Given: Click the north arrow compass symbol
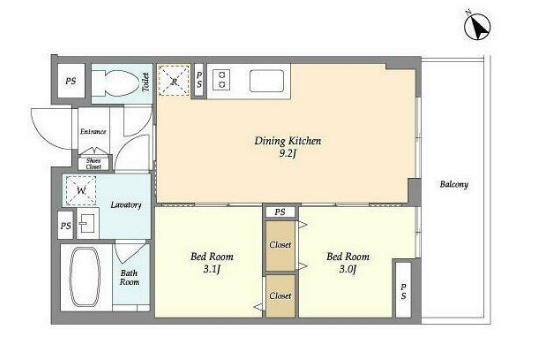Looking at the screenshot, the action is (x=477, y=26).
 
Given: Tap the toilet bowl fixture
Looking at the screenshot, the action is (x=115, y=84).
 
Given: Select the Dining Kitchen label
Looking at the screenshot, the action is (x=288, y=141).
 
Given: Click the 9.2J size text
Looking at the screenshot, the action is (x=288, y=154).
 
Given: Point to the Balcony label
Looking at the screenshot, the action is (x=454, y=184).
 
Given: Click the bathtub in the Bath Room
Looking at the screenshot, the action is (x=85, y=277).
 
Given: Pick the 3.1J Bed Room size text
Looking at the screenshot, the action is (x=212, y=269).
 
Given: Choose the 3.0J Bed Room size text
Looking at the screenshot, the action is (x=348, y=269).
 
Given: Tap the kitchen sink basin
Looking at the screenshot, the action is (x=267, y=81).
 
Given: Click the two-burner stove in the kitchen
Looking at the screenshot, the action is (x=221, y=80).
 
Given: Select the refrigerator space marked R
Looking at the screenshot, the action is (x=174, y=80).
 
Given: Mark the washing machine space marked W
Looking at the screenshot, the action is (x=81, y=190).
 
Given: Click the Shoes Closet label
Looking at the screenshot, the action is (x=94, y=164).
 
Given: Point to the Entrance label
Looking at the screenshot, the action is (x=93, y=132).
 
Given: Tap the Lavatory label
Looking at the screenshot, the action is (x=126, y=205).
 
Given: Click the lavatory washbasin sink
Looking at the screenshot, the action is (x=87, y=224).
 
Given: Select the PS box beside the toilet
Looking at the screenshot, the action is (x=71, y=81).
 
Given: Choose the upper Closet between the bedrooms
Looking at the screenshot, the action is (x=280, y=245).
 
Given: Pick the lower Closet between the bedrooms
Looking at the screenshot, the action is (x=280, y=296).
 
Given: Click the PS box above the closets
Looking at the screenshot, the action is (x=280, y=212).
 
